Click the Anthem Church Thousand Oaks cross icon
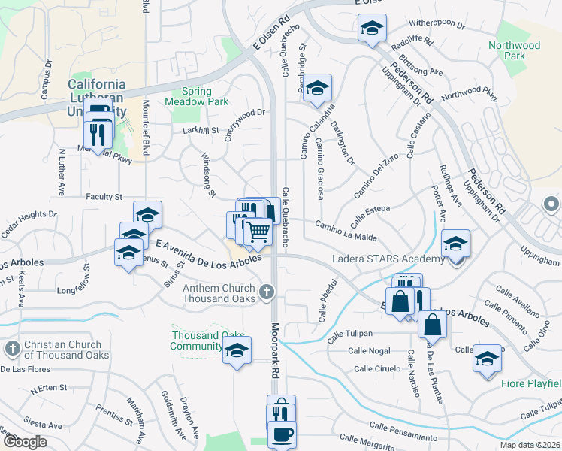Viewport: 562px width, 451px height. pyautogui.click(x=265, y=292)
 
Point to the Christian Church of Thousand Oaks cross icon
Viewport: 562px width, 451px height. pyautogui.click(x=12, y=349)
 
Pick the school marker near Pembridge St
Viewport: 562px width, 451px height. pyautogui.click(x=318, y=88)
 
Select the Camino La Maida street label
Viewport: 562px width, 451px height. pyautogui.click(x=346, y=231)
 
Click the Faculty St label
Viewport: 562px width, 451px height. pyautogui.click(x=104, y=197)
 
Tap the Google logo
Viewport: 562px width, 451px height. pyautogui.click(x=23, y=441)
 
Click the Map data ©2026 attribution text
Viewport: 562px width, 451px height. pyautogui.click(x=529, y=444)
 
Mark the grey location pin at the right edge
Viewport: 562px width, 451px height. pyautogui.click(x=551, y=204)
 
